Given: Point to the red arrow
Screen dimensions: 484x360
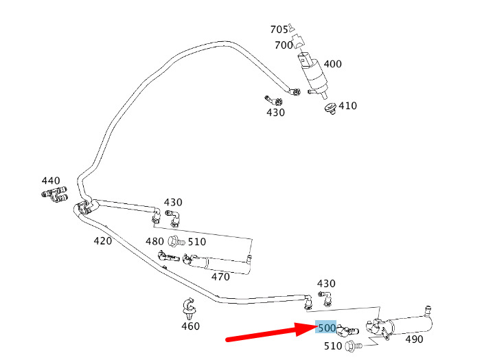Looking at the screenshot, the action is pos(272,333).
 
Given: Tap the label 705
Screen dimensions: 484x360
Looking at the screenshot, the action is pos(279,30).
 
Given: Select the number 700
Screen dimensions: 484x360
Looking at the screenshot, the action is pos(284,45).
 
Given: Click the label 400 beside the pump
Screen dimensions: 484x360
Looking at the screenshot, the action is pos(332,64).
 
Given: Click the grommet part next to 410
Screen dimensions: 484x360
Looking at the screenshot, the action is pos(331,109).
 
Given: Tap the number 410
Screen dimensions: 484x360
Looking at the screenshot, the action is pos(347,106).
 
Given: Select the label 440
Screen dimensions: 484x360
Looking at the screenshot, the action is pos(51,181).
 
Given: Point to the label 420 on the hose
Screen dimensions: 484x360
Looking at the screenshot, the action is pos(102,240).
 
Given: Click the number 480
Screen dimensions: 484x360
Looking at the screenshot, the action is pos(154,241).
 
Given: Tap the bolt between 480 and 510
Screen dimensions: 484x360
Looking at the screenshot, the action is pos(176,241).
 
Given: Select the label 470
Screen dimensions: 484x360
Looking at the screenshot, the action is pos(220,277).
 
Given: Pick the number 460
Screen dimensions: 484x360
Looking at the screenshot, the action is pos(190,326).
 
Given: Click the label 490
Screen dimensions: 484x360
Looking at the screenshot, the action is pos(414,339).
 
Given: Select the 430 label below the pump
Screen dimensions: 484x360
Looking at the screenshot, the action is pos(276,113).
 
